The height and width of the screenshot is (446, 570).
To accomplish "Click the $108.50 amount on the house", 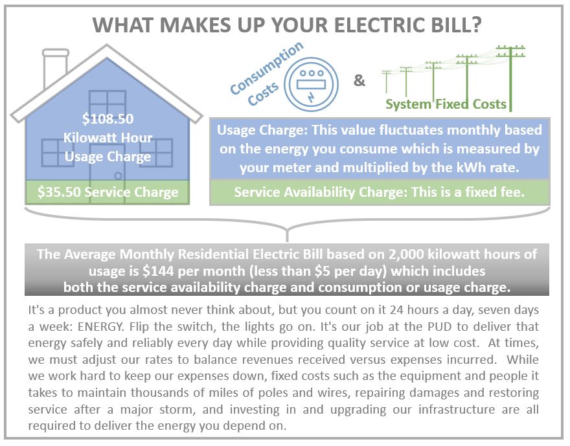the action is [108, 118].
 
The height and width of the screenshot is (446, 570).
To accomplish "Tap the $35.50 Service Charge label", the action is [108, 192].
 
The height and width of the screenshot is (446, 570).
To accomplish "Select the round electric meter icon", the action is [311, 84].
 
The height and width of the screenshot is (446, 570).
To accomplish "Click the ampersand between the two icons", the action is [359, 80].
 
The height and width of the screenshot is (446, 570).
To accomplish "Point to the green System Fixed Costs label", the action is [446, 104].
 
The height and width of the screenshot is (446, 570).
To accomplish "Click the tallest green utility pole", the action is [511, 78].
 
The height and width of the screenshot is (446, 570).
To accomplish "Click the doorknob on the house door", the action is [118, 176].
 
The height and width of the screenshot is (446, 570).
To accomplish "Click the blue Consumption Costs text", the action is [266, 74].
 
